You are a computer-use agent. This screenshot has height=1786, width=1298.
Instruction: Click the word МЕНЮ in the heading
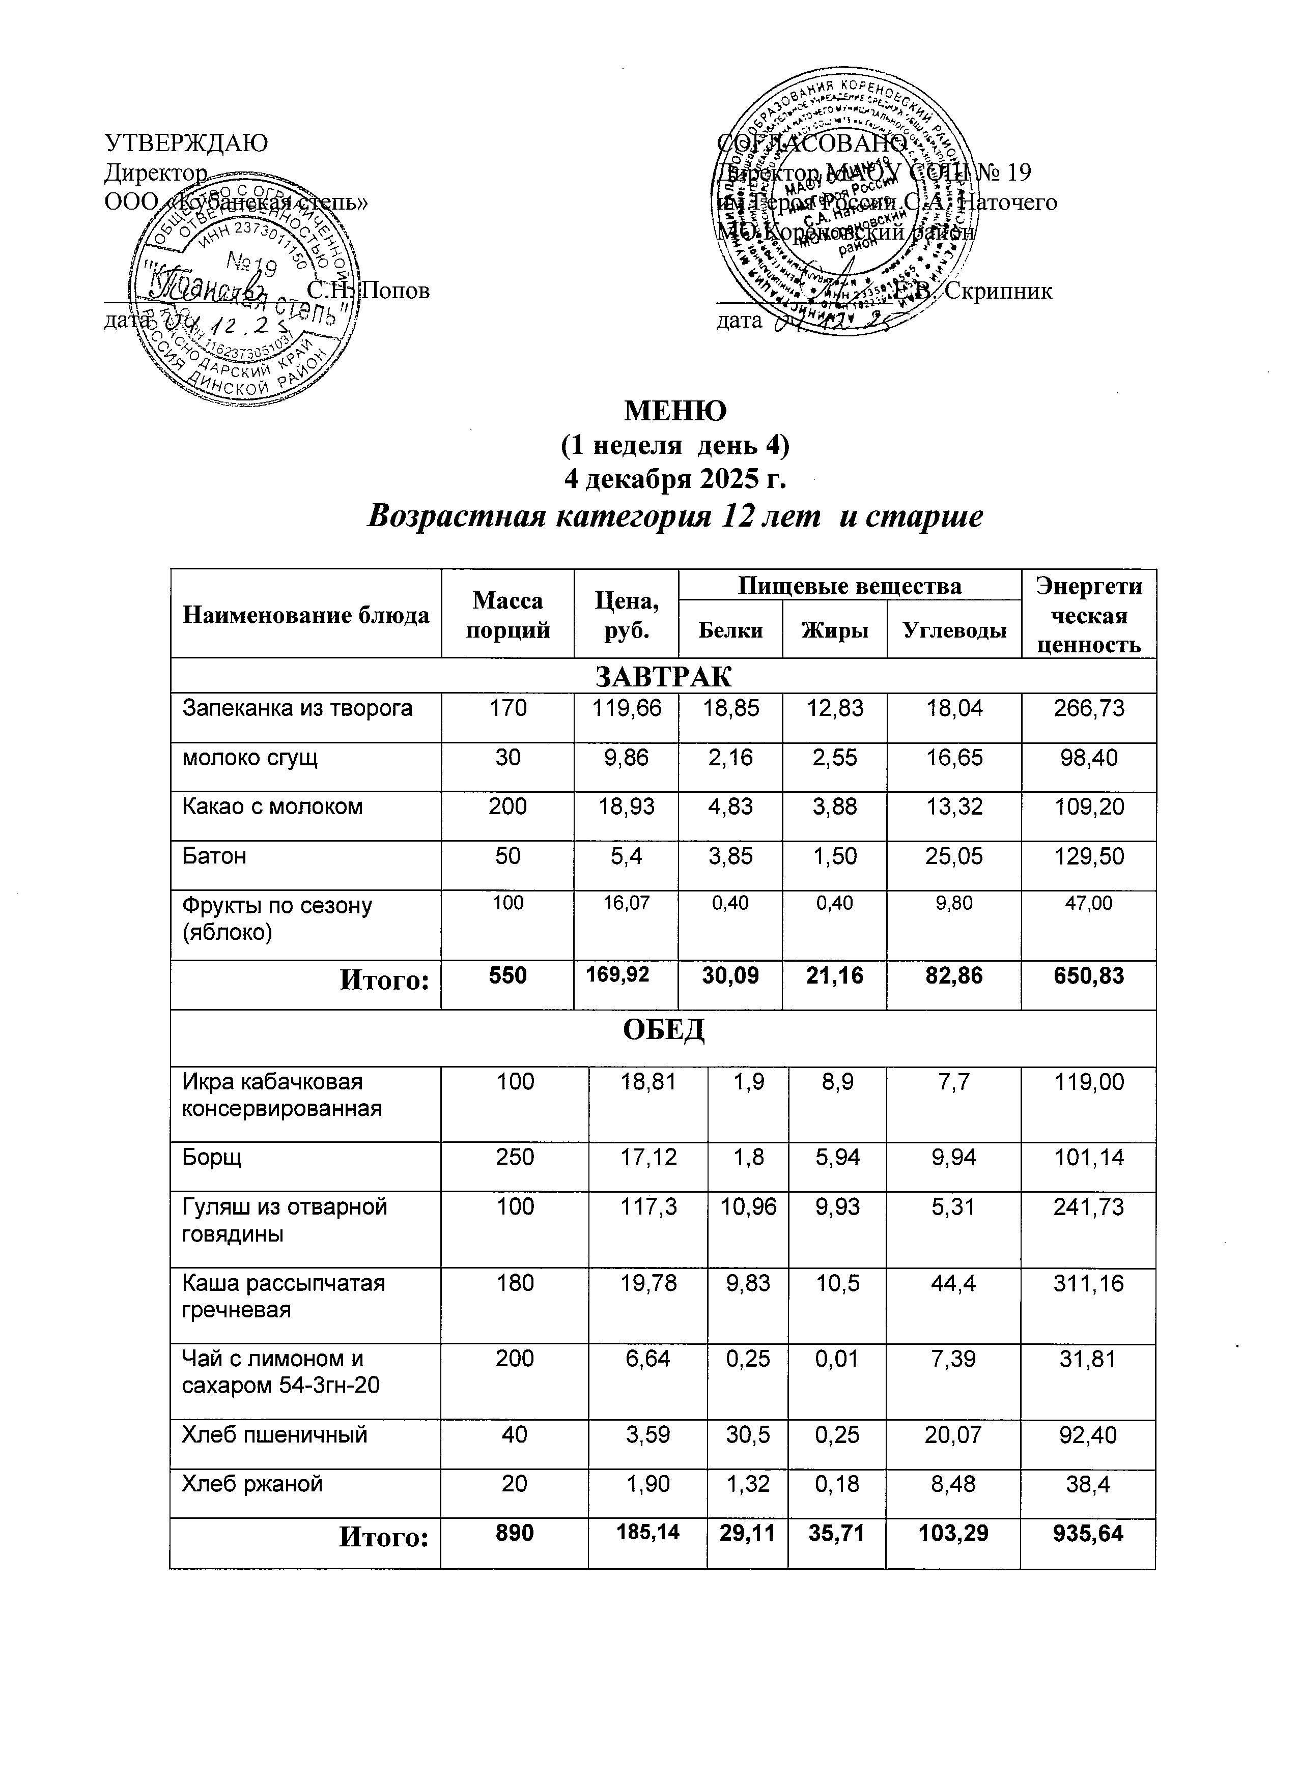pos(675,410)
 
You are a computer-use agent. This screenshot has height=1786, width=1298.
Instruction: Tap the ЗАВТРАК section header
pos(663,676)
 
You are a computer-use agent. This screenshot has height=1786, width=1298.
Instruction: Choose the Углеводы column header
pos(954,630)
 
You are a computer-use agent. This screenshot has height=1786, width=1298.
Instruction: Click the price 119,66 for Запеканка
pos(626,709)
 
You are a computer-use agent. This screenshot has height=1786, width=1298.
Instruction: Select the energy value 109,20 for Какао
pos(1088,806)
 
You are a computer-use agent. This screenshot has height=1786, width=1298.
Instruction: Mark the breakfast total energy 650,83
pos(1088,976)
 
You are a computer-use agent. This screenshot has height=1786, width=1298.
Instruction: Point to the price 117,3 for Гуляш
pos(648,1207)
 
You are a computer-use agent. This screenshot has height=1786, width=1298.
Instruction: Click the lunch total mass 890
pos(514,1533)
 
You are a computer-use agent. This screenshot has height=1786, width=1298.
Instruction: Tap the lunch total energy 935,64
pos(1088,1533)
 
